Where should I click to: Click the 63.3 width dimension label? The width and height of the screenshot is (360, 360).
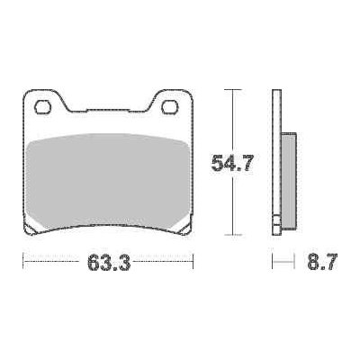pyautogui.click(x=109, y=263)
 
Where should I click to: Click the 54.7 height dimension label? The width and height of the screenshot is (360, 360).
pyautogui.click(x=232, y=163)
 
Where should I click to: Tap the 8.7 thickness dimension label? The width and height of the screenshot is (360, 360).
pyautogui.click(x=322, y=262)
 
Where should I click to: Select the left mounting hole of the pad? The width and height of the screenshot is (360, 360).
pyautogui.click(x=42, y=107)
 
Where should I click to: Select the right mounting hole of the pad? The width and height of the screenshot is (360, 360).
pyautogui.click(x=169, y=107)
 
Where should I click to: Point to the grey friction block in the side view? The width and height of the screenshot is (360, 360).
pyautogui.click(x=289, y=182)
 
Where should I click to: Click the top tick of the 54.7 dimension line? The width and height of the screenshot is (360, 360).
pyautogui.click(x=233, y=89)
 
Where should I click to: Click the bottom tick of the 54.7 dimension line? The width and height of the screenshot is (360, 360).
pyautogui.click(x=233, y=235)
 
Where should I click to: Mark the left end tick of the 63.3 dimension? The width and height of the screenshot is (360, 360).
pyautogui.click(x=23, y=261)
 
